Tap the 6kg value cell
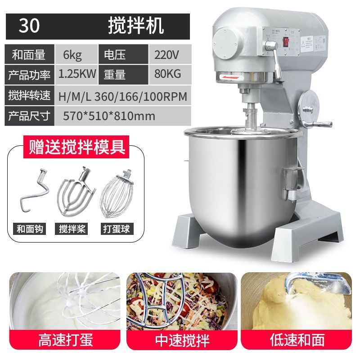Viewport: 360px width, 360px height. click(76, 54)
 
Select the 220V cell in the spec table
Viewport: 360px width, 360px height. click(170, 54)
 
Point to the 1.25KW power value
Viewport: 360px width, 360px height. click(76, 74)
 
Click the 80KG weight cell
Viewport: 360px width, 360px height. click(170, 74)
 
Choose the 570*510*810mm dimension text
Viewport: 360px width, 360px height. click(109, 116)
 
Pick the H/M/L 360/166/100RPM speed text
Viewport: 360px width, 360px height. click(122, 96)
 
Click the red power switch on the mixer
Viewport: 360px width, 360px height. click(286, 41)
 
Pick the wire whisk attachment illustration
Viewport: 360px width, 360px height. click(117, 194)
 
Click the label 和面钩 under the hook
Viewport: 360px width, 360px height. click(30, 229)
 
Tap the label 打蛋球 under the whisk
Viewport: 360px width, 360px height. click(117, 229)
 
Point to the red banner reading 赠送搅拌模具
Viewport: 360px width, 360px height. click(76, 147)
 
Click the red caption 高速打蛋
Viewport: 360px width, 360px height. click(65, 340)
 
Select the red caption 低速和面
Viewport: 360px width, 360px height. click(297, 340)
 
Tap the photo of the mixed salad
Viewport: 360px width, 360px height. click(182, 301)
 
